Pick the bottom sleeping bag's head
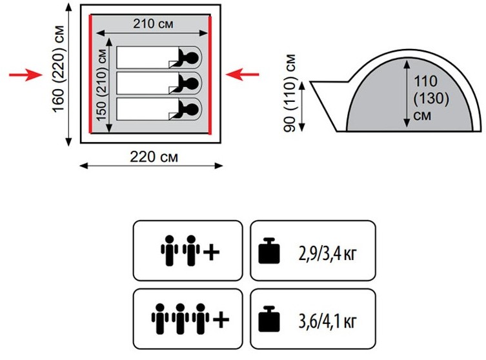[x=190, y=107]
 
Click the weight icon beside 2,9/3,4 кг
[x=270, y=251]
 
